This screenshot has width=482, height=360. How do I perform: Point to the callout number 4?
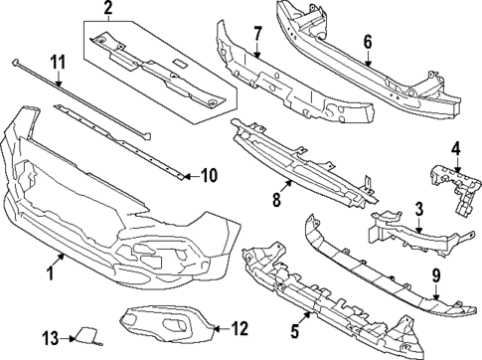click(x=456, y=151)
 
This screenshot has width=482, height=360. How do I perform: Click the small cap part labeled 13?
click(x=82, y=340)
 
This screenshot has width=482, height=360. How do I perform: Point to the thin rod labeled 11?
click(x=80, y=99)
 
